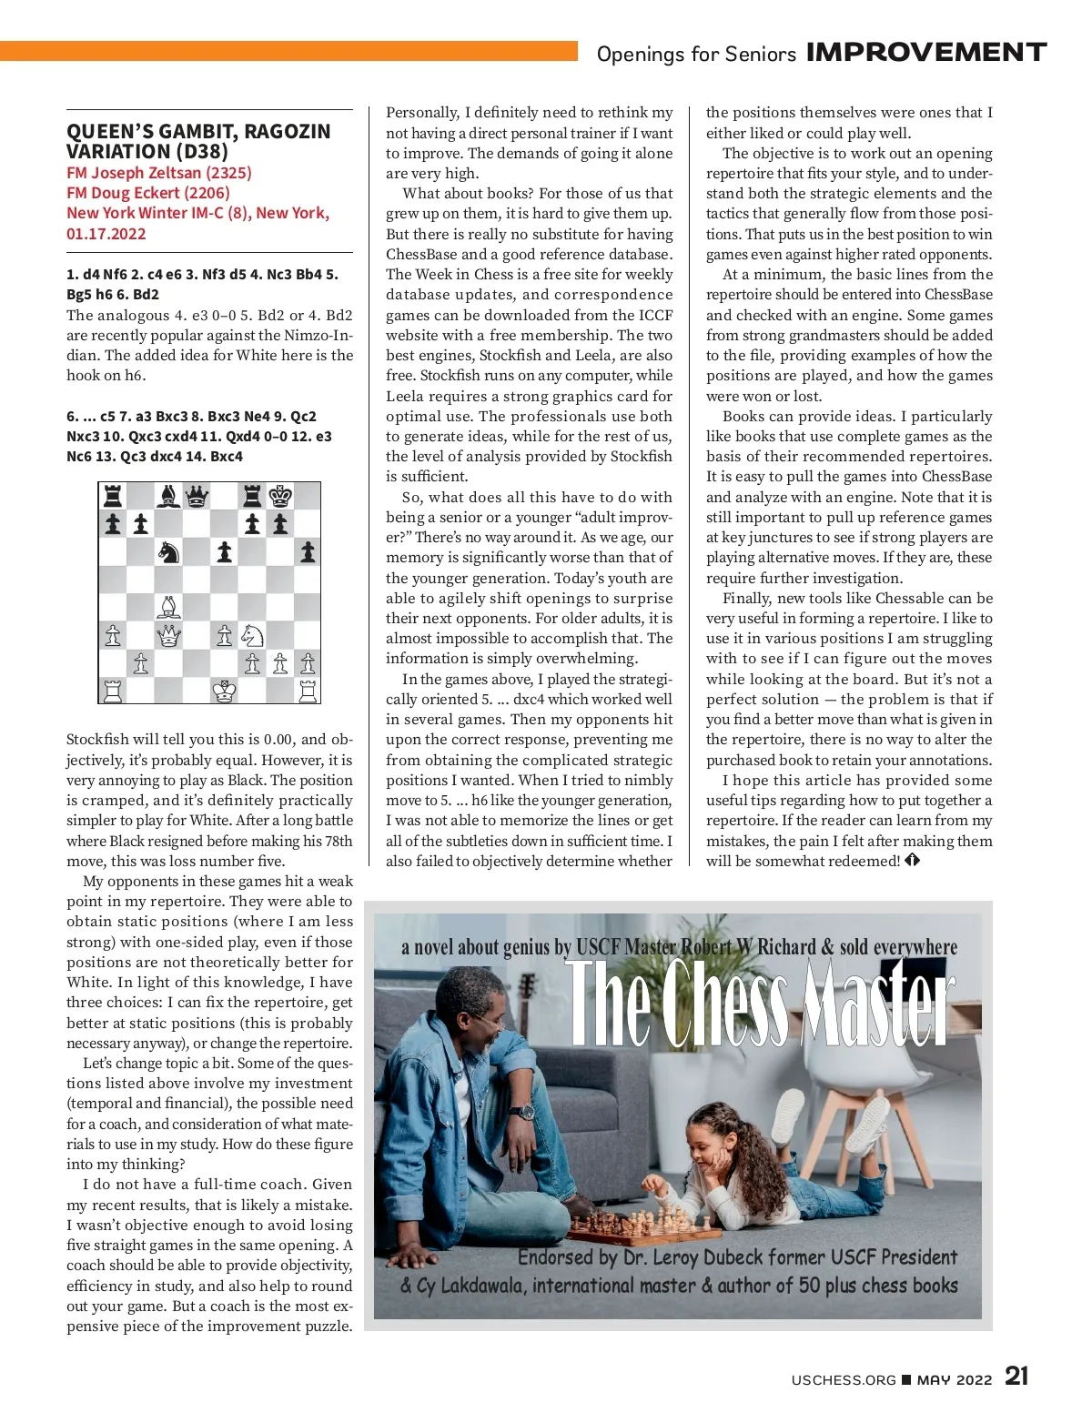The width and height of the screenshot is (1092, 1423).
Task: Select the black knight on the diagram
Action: coord(168,552)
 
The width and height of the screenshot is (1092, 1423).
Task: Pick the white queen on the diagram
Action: coord(168,635)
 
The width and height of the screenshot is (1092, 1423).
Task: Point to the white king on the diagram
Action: coord(224,691)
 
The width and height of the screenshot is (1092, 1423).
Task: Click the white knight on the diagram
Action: coord(252,635)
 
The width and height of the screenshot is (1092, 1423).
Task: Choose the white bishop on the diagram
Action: coord(168,608)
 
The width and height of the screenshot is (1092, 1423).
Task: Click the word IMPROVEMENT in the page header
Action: coord(926,53)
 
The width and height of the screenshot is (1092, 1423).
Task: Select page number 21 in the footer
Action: coord(1016,1376)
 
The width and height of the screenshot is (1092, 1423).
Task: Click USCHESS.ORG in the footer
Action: coord(844,1379)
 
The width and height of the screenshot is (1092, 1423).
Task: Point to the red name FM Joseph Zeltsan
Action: coord(158,173)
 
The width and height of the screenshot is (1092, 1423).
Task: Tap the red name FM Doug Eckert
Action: coord(147,193)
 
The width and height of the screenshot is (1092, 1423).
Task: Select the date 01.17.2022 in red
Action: coord(106,234)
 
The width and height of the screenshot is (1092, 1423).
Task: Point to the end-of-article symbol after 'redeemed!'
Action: coord(913,860)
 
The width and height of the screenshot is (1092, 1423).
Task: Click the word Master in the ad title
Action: coord(878,1005)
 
